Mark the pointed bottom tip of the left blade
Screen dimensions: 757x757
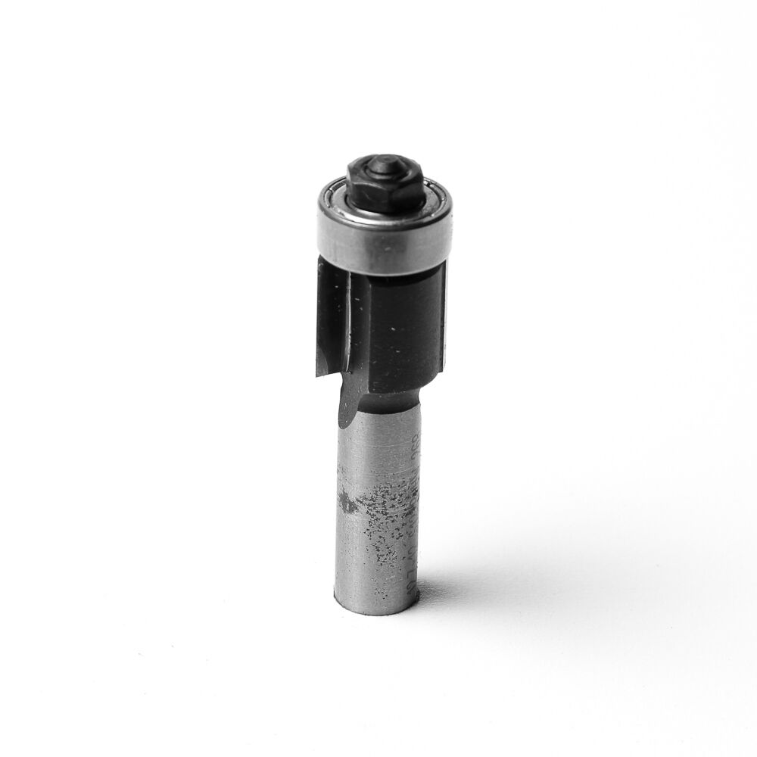tap(319, 375)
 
